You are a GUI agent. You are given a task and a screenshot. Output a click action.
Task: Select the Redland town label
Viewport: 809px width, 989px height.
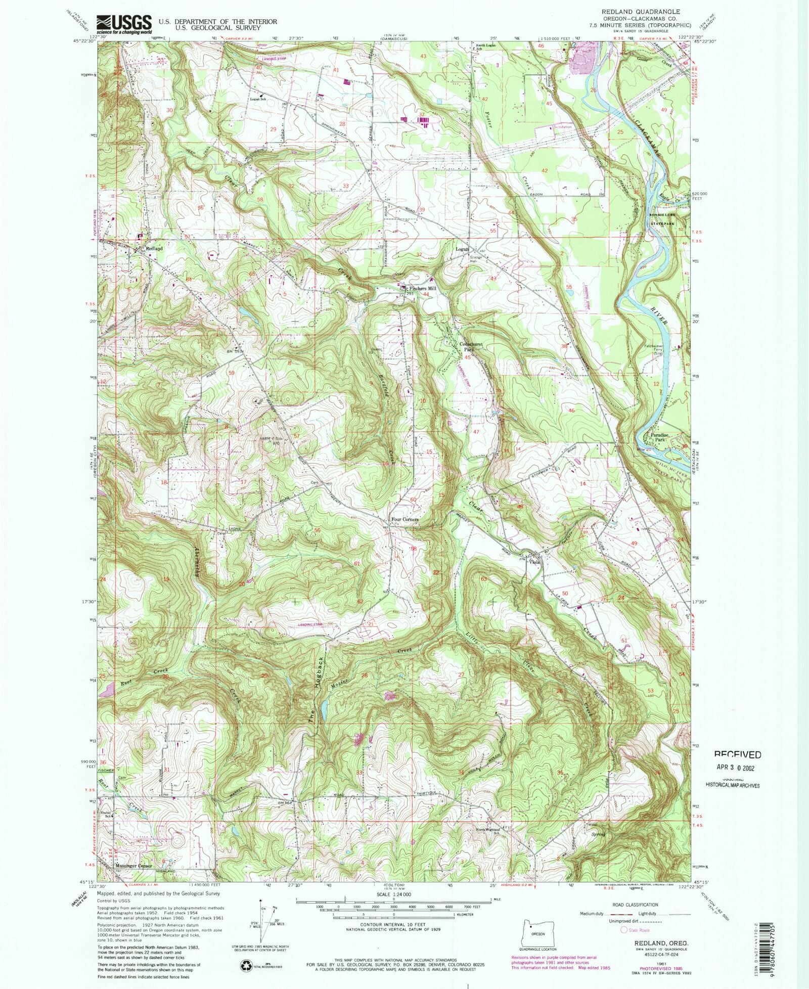point(154,249)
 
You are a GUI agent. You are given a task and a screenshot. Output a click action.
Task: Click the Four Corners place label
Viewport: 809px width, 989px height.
point(404,519)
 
